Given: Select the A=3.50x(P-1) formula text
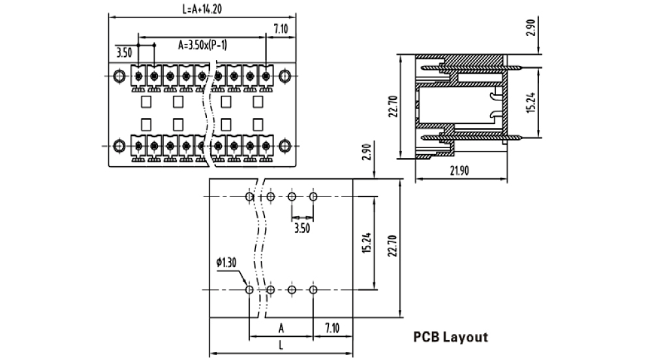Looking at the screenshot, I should click(203, 45).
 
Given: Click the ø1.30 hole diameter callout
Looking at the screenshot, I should click(226, 262).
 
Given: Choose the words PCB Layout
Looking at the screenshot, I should click(450, 337).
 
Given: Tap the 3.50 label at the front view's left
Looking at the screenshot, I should click(124, 52).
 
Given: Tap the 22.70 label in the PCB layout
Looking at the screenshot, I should click(391, 246).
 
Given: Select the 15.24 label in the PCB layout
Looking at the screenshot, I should click(366, 243).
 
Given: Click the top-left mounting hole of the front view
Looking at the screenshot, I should click(119, 76).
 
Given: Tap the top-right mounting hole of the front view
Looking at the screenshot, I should click(284, 76).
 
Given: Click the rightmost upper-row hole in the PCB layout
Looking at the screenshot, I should click(313, 196).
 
